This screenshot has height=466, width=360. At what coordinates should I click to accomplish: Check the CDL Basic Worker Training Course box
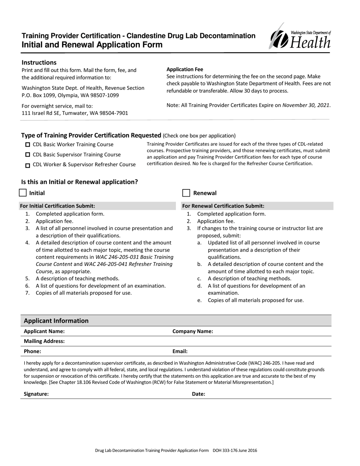28,145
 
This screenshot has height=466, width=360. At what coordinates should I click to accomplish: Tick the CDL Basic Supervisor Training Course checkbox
28,155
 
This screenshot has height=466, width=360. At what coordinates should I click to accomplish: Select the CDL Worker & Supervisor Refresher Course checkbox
28,165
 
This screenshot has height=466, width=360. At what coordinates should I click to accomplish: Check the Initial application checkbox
23,193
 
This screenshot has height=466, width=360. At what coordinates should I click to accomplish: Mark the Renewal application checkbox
186,193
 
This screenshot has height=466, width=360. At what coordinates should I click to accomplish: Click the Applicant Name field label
41,331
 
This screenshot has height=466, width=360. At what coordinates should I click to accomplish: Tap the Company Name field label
193,331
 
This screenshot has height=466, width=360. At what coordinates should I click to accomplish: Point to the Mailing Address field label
44,341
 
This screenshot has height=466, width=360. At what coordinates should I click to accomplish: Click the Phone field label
32,351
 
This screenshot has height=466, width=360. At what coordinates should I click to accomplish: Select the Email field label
180,351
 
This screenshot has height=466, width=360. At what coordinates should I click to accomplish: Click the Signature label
36,394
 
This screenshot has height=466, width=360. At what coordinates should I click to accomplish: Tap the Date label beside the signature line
199,394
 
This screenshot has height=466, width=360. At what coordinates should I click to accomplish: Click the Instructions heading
39,63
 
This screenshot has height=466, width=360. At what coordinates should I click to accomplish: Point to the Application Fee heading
185,69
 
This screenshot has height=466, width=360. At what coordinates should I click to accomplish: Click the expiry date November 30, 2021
306,105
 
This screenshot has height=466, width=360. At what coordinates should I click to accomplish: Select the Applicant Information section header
56,321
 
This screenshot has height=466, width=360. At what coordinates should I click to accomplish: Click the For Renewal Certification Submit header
223,206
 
